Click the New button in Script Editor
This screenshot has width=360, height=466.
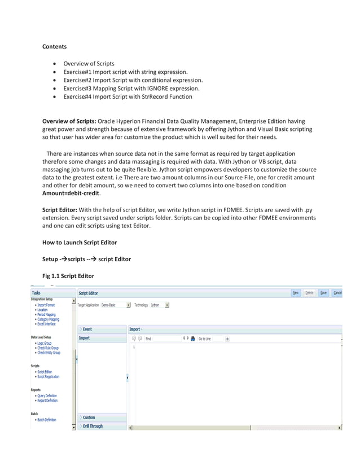point(296,293)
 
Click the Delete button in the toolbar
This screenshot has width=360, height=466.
point(310,293)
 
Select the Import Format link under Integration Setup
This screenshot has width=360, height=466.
point(47,305)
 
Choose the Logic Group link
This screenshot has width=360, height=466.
point(45,343)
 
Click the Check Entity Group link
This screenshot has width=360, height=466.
point(49,352)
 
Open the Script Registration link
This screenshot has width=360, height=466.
point(48,376)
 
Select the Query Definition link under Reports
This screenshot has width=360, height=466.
point(47,395)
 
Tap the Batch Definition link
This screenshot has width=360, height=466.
point(47,420)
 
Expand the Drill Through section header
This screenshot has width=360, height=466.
point(93,427)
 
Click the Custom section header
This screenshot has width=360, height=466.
point(89,417)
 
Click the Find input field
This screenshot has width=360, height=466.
point(161,338)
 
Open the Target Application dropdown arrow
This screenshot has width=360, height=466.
point(129,305)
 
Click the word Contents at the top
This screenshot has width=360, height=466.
point(55,46)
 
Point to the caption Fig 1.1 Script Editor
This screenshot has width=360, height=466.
point(68,275)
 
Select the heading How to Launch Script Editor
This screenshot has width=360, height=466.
point(80,242)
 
